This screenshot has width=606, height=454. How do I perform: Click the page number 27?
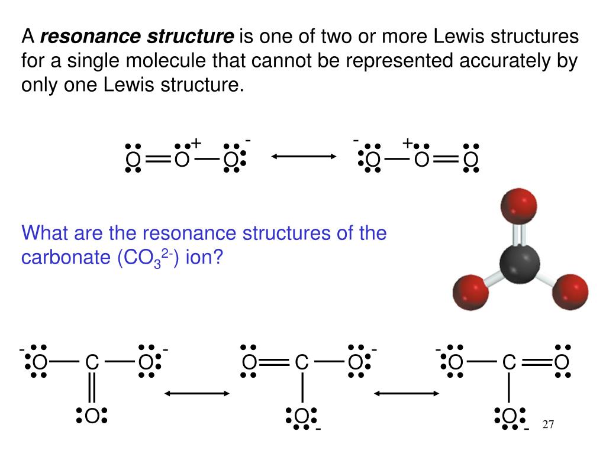click(x=548, y=425)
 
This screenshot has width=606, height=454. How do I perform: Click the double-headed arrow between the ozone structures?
click(x=304, y=157)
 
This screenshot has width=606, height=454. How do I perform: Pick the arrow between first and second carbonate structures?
click(x=196, y=393)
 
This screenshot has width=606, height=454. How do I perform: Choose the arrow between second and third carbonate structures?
click(x=406, y=393)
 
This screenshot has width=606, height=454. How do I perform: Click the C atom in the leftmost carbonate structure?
click(x=92, y=362)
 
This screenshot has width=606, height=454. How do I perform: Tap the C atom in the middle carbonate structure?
click(x=302, y=362)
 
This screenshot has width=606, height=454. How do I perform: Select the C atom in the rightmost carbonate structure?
click(x=510, y=362)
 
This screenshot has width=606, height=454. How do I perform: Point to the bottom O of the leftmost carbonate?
click(x=92, y=417)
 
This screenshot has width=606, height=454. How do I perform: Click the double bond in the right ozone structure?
click(x=446, y=159)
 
